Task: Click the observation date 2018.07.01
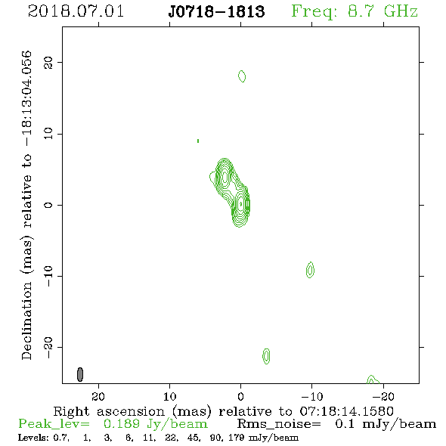click(76, 11)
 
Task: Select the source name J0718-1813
click(216, 11)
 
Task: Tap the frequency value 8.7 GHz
click(383, 11)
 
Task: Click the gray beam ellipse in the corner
click(80, 374)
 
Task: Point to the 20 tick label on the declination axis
click(48, 62)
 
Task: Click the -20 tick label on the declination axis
click(48, 347)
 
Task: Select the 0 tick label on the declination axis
click(48, 205)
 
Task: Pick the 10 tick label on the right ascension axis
click(170, 396)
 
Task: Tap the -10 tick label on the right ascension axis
click(312, 396)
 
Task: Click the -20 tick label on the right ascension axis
click(383, 396)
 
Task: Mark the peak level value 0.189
click(122, 424)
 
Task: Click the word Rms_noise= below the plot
click(279, 424)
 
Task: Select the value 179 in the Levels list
click(236, 437)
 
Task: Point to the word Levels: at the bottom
click(33, 437)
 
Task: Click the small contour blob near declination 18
click(242, 76)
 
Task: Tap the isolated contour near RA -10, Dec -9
click(311, 270)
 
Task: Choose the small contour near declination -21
click(266, 356)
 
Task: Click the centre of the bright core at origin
click(241, 204)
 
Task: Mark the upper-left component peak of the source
click(225, 177)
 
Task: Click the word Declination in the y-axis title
click(26, 321)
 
